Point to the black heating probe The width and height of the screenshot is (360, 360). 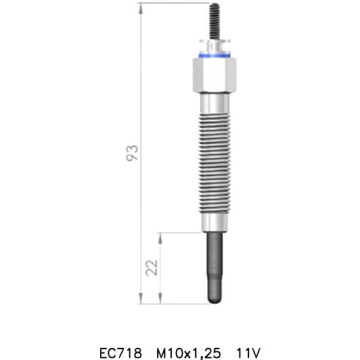[215, 264]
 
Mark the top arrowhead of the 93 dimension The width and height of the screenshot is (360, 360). [141, 7]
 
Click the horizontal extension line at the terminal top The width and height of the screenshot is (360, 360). [176, 4]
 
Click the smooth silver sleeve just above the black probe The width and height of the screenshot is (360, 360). [215, 223]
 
